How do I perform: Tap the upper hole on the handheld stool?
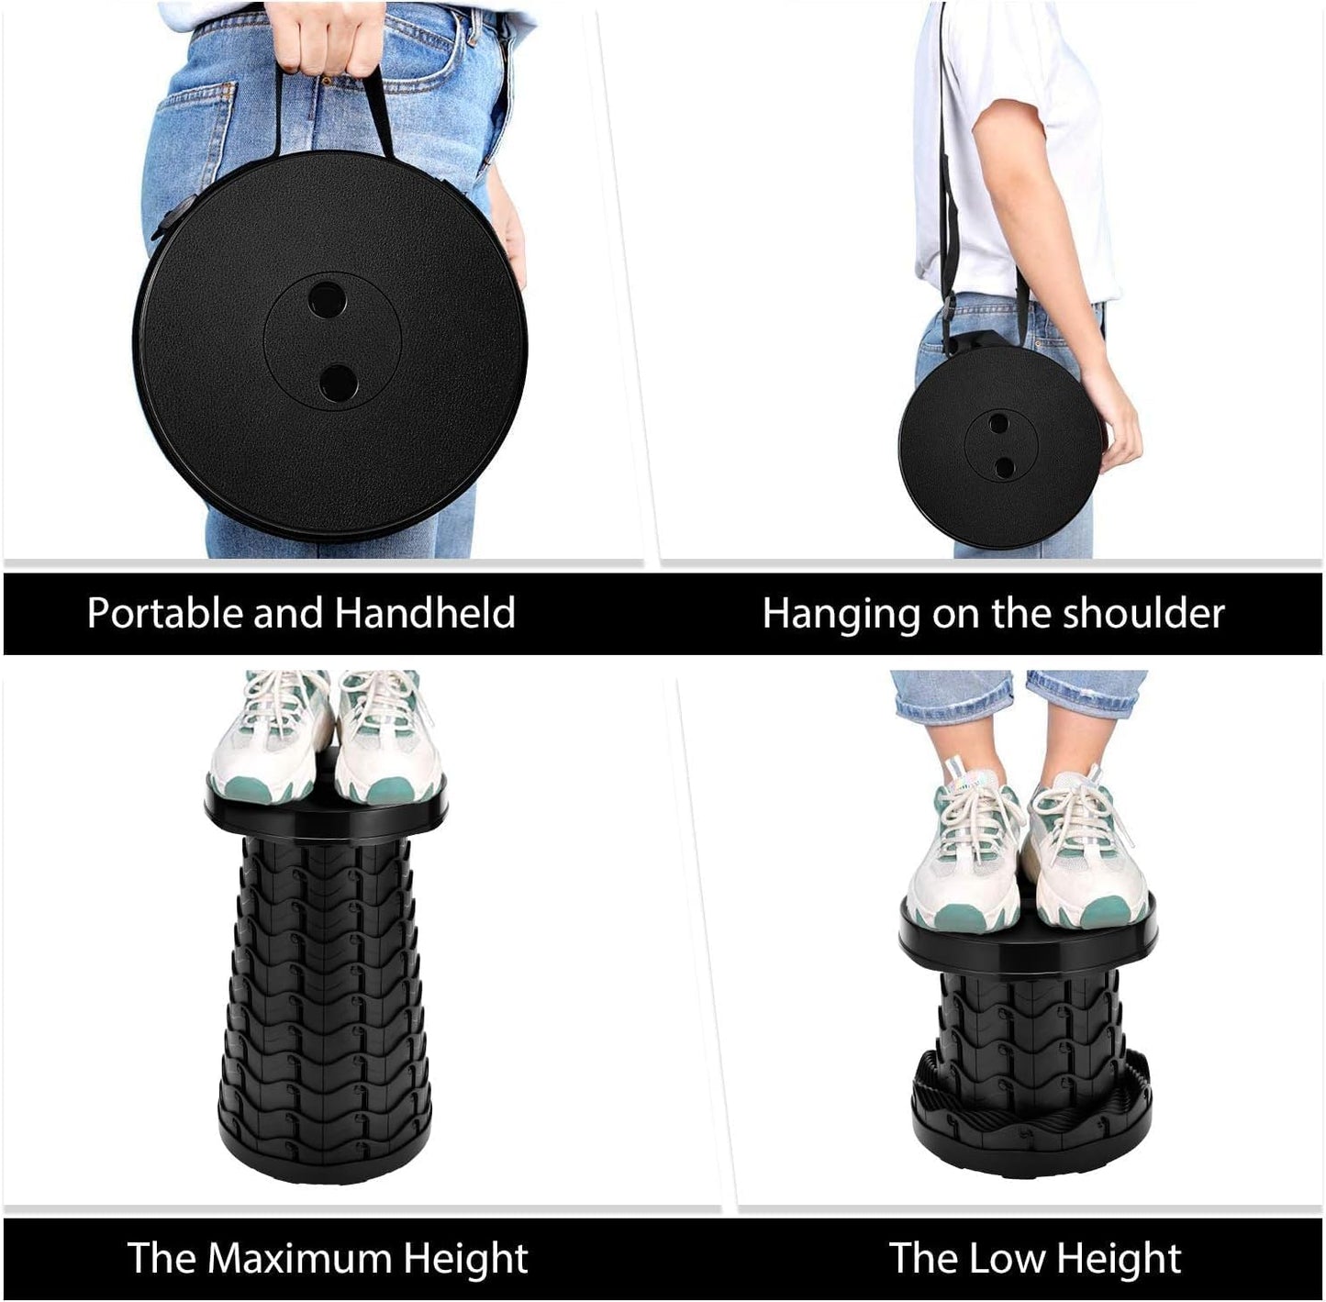pos(327,298)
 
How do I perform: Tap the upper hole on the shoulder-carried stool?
pos(998,423)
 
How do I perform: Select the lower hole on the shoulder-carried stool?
pos(1005,467)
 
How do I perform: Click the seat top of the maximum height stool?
pos(326,817)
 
